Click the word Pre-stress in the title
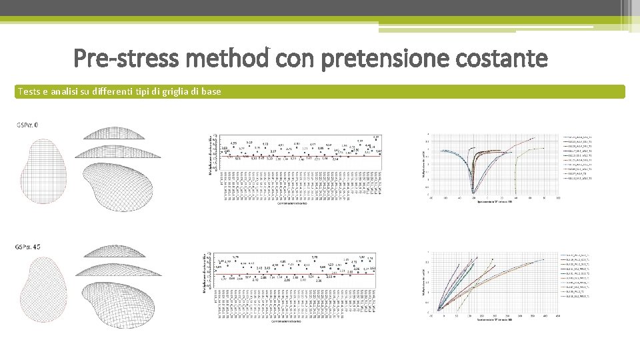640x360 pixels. coord(126,59)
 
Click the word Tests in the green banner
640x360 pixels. coord(28,91)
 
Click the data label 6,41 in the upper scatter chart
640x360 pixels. coord(376,137)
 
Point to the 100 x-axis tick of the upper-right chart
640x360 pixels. coord(558,197)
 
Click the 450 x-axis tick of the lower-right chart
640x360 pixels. coord(558,317)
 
